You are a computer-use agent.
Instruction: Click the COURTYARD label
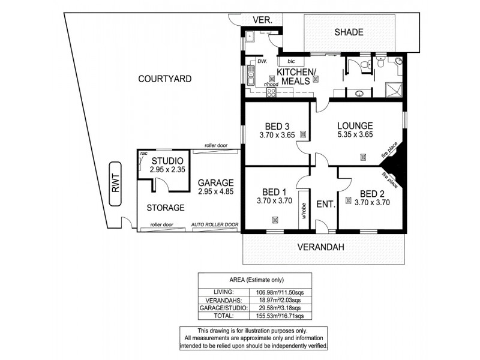(164, 79)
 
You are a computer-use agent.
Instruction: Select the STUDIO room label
(163, 161)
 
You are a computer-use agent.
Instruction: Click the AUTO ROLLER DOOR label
(215, 225)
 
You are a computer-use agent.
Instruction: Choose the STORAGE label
(165, 208)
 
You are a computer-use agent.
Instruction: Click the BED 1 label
(274, 191)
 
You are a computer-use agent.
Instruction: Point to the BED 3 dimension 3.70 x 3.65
(277, 136)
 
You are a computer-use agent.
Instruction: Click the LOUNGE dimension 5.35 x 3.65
(355, 136)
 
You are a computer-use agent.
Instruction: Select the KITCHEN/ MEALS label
(295, 77)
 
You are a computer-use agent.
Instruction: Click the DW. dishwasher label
(262, 61)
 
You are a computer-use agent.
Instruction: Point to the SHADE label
(349, 32)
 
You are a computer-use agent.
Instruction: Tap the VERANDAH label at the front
(324, 247)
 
